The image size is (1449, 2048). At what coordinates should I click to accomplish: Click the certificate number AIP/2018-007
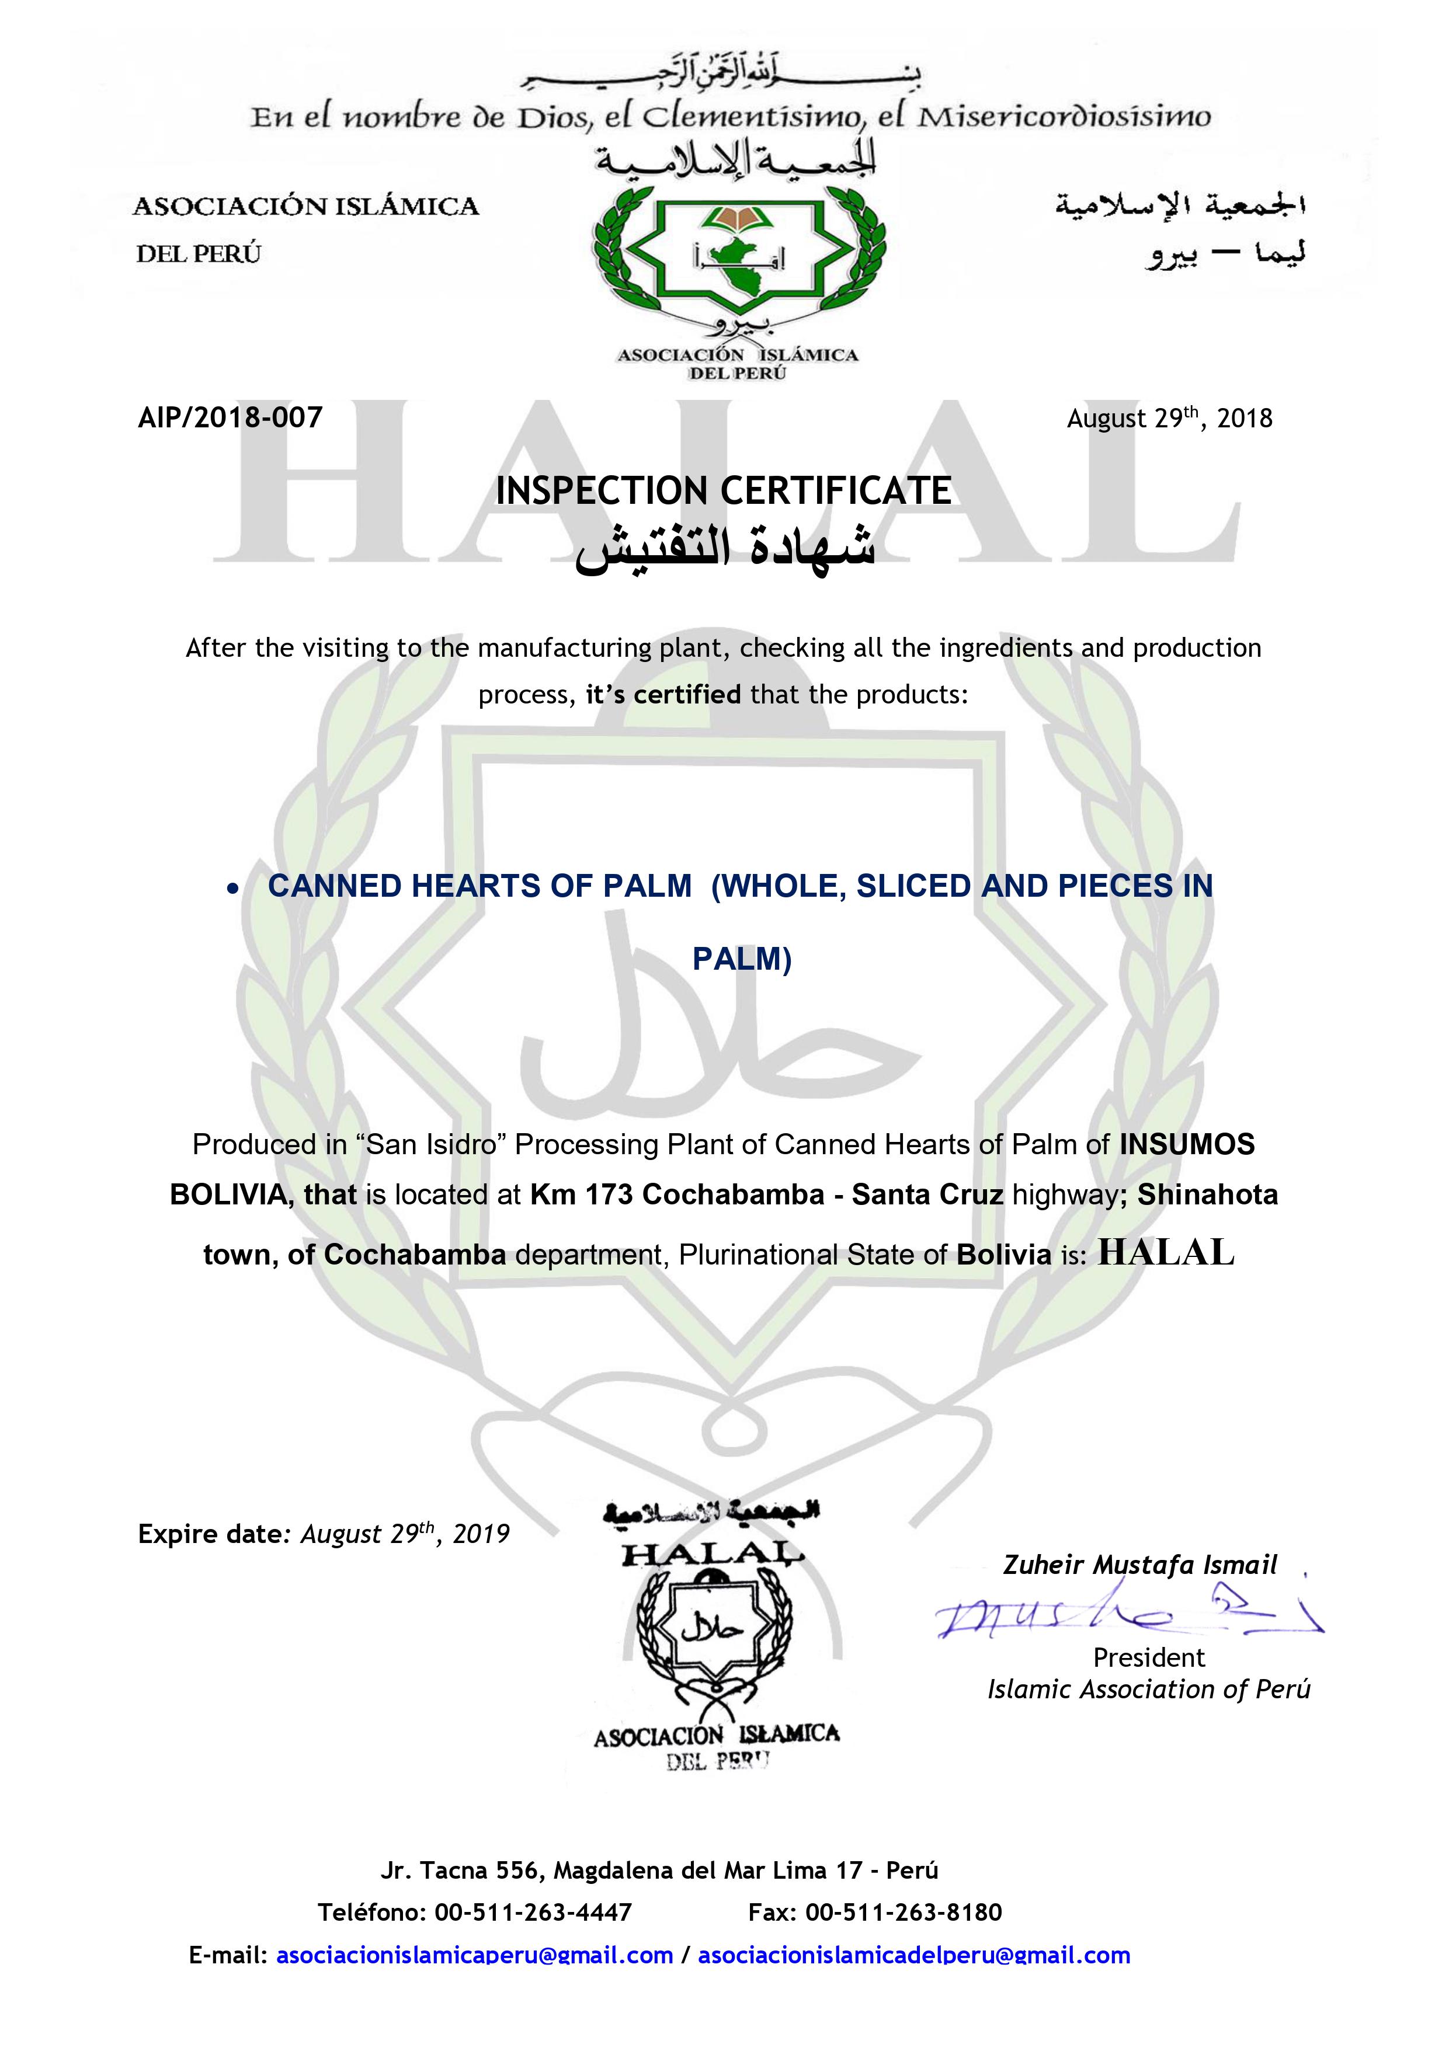coord(230,417)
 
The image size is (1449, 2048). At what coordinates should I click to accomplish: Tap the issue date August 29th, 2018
coord(1169,419)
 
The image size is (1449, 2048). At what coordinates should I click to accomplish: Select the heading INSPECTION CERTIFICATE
coord(724,490)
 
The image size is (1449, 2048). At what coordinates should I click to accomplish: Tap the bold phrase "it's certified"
coord(663,694)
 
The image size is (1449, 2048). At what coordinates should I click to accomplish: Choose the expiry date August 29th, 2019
coord(404,1534)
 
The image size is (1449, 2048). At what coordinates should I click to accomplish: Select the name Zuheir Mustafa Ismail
coord(1139,1565)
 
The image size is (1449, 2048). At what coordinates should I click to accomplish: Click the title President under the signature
coord(1148,1657)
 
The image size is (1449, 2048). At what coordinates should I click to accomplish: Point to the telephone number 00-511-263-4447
coord(533,1913)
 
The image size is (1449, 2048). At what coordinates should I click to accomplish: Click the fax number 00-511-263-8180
coord(903,1913)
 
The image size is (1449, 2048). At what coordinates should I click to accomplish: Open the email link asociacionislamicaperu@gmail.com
coord(475,1955)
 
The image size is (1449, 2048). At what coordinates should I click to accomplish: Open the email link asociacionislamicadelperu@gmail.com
coord(913,1955)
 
